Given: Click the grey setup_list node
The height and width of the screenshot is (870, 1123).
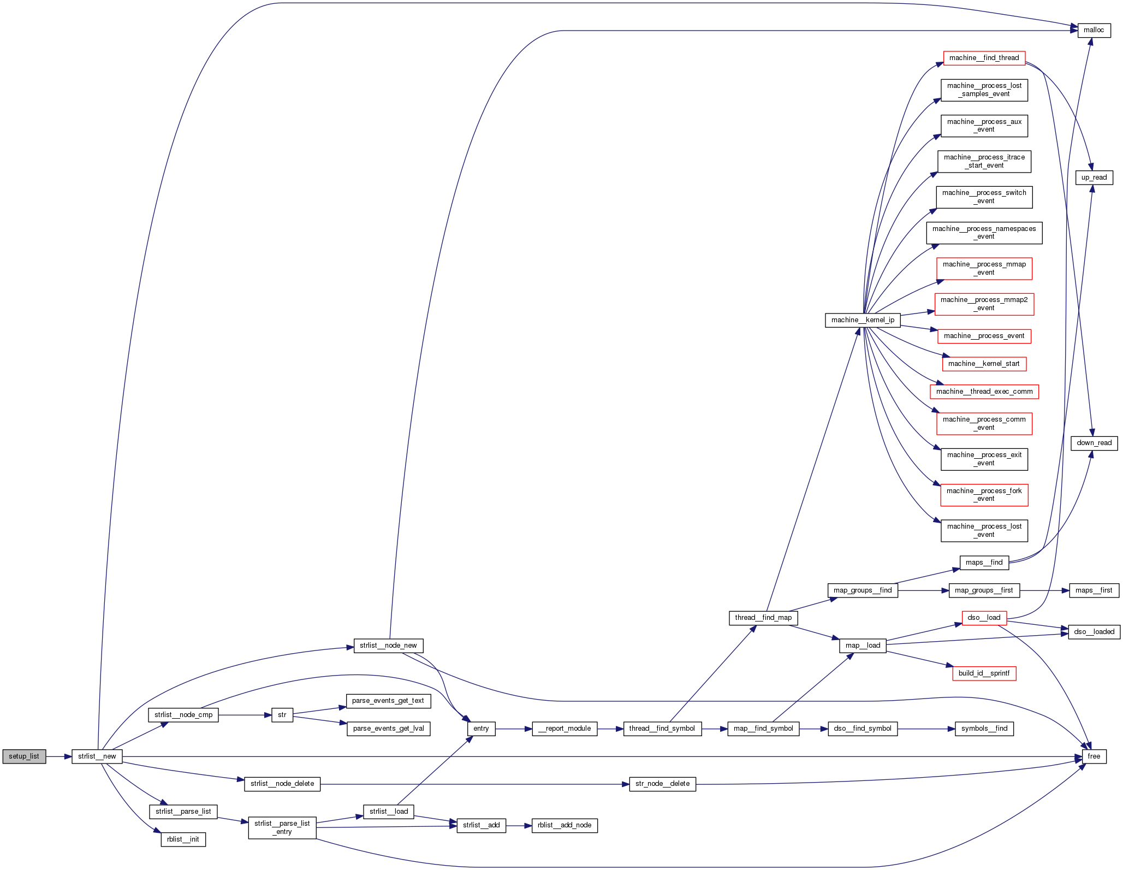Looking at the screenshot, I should point(24,756).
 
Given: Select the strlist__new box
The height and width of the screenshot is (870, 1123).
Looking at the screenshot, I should point(97,756).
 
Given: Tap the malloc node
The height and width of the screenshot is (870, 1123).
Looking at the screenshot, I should point(1093,30).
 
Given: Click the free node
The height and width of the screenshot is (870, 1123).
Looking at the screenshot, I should point(1094,756).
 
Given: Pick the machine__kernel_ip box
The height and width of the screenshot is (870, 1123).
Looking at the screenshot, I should point(863,320).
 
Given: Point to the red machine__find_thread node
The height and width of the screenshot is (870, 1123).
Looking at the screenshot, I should point(984,58).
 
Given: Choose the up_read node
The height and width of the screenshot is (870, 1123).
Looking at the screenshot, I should point(1094,177).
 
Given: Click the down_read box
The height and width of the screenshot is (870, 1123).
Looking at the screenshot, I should point(1094,443).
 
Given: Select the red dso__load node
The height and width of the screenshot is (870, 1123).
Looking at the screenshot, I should point(984,618).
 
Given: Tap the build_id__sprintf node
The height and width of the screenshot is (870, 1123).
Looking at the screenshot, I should point(984,673).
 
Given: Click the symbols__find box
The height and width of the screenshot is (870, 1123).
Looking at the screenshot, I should point(984,729).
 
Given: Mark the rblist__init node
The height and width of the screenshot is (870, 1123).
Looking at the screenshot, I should point(183,839).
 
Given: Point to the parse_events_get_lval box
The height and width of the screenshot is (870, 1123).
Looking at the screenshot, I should point(388,729).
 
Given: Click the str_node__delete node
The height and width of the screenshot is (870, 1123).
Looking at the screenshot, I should point(662,784).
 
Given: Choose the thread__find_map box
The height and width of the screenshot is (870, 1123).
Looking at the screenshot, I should point(763,618).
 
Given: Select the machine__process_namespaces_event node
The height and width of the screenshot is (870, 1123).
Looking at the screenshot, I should point(984,233).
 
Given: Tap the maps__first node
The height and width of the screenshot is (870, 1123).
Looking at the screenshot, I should point(1094,590).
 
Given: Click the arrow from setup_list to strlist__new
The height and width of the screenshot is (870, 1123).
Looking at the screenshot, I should point(59,756).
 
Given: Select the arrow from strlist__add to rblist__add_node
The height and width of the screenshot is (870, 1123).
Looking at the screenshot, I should point(519,825).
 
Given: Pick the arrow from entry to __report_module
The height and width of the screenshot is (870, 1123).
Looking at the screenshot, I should point(514,729).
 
